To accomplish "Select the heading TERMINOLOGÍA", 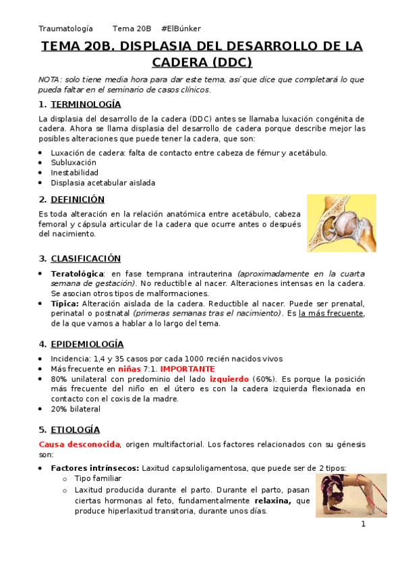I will click(86, 105).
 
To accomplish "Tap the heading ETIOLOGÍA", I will click(75, 430).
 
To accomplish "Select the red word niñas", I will click(129, 369).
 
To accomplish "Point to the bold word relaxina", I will click(272, 501).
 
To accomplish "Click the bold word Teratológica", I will click(78, 274).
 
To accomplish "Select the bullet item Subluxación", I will click(74, 163).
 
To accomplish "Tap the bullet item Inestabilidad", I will click(74, 173).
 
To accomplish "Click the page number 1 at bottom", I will click(363, 524).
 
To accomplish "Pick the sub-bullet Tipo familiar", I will click(98, 479).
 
